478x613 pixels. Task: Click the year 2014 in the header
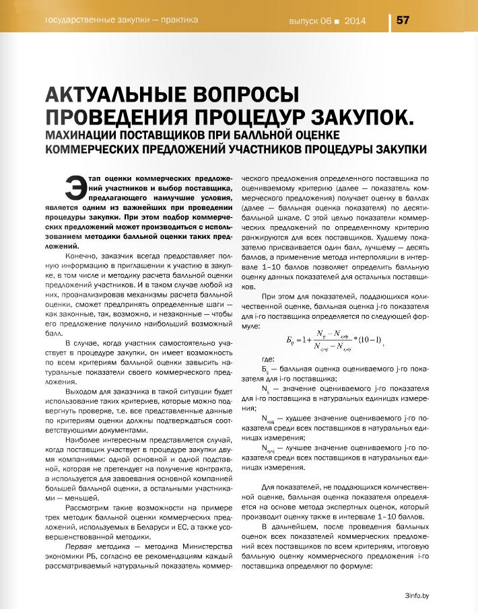point(354,21)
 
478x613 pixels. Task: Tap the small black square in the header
point(335,22)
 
